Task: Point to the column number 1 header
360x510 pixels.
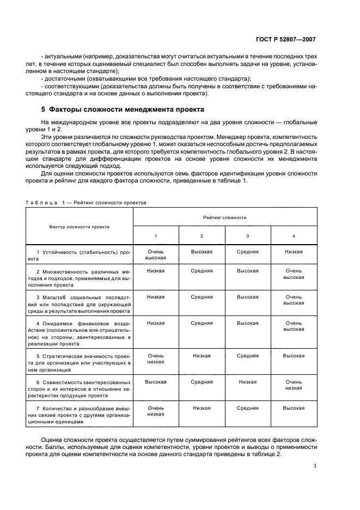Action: (x=155, y=235)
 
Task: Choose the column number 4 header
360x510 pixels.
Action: (x=294, y=235)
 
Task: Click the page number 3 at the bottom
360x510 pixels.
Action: (x=315, y=465)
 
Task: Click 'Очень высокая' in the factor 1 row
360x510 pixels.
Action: (x=155, y=255)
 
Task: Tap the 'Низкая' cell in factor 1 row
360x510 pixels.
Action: (x=294, y=252)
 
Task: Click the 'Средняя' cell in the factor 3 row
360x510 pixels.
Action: (x=202, y=297)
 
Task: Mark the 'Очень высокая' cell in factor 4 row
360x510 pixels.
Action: (x=294, y=326)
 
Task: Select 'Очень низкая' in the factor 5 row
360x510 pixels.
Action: (x=155, y=359)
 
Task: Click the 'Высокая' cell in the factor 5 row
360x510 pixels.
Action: (x=294, y=356)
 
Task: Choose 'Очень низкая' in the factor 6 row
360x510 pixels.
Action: (x=294, y=385)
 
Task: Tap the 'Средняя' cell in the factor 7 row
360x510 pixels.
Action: (x=248, y=408)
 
